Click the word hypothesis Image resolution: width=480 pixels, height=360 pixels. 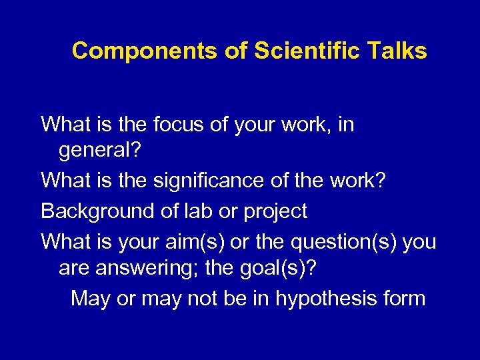[320, 298]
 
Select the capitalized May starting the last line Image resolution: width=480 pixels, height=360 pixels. [91, 298]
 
